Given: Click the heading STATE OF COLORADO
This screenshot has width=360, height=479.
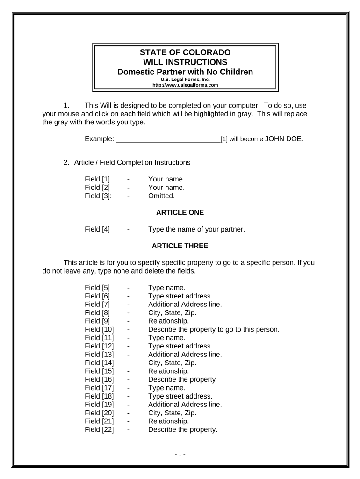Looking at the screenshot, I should [x=185, y=52].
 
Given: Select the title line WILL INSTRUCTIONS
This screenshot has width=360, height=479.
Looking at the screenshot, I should [x=185, y=62].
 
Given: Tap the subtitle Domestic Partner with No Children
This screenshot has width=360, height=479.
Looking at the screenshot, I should [x=185, y=72].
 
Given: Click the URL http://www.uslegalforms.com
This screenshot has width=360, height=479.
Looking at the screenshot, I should [x=185, y=85].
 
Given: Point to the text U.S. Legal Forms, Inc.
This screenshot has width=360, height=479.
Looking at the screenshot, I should [x=185, y=80].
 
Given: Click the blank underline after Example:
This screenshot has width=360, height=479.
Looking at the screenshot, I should [x=168, y=139].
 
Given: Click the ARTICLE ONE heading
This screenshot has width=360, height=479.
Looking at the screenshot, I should [x=180, y=212].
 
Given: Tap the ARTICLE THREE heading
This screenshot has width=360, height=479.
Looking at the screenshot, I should [x=180, y=246].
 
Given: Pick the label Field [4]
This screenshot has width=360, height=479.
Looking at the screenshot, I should [x=97, y=229].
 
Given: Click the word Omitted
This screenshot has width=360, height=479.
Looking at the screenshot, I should [x=161, y=196].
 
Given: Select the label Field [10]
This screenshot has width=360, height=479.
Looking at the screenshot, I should [x=99, y=329].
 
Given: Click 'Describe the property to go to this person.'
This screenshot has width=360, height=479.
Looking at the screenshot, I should [x=214, y=329].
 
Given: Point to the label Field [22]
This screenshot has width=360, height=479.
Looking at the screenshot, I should [x=99, y=430].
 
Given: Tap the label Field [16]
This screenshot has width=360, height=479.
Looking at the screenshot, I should [x=99, y=379].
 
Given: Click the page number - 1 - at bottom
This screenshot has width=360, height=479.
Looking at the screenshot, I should [x=180, y=454].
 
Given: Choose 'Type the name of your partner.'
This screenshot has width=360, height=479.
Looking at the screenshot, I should [x=196, y=229].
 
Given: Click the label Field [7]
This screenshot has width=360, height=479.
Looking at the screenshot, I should [x=97, y=304].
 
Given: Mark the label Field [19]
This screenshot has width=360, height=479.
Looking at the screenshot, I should [x=99, y=405].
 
